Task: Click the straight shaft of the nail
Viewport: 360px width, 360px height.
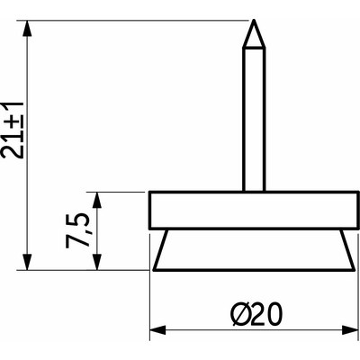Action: [255, 117]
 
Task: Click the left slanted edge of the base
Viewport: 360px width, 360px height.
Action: [159, 249]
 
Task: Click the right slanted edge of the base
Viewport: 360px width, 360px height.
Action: [347, 249]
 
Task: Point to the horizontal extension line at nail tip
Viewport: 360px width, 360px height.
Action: [135, 19]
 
